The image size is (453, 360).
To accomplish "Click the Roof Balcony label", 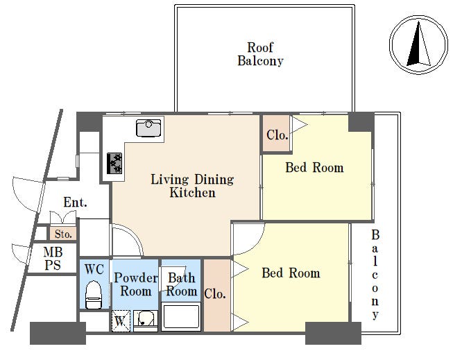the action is coord(260,54).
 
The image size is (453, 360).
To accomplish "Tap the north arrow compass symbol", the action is coord(418,44).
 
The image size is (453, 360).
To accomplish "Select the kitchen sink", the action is coord(148,128).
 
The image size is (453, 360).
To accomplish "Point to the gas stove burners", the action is coord(114,163).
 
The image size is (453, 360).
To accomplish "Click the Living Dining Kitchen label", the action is coord(192,186).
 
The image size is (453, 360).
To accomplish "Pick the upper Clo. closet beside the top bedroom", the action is coord(277,133).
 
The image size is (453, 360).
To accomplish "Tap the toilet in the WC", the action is coord(94,295).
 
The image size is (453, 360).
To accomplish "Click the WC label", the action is coord(94,269).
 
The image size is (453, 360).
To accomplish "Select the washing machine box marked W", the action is coord(121,320).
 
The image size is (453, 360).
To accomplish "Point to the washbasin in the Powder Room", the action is coord(146,320).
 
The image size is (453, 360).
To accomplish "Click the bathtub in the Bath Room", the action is coord(181,317).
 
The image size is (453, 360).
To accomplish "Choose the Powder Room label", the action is coord(136,284).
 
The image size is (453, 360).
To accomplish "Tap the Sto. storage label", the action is coord(63,234).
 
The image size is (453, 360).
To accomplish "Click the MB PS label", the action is coord(53,259).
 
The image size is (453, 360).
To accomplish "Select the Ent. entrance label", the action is coord(75,203).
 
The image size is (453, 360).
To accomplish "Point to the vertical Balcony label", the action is coord(375,275).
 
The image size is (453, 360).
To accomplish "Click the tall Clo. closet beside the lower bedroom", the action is coord(215,294).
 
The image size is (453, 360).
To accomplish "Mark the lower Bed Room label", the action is coord(291,273).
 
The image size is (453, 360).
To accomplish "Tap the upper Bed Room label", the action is coord(315,168).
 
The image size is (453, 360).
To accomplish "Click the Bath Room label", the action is coord(182,284).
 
